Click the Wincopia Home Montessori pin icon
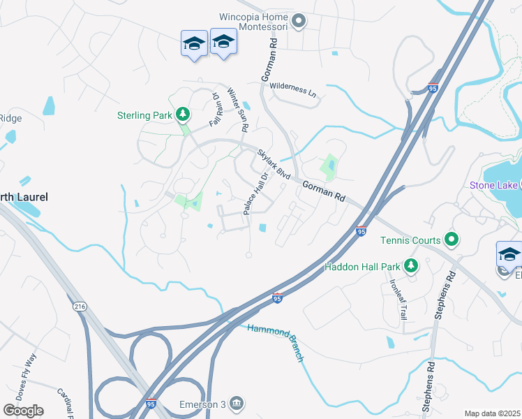coord(299,22)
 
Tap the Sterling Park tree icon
coord(183,113)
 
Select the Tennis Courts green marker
coord(451,241)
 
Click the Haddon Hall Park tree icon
coord(412,266)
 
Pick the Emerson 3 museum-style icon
coord(237,403)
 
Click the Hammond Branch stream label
coord(276,342)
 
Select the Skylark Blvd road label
coord(273,163)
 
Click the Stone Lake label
coord(494,185)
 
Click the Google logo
coord(23,411)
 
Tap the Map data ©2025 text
coord(492,413)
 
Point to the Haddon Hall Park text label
coord(361,267)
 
